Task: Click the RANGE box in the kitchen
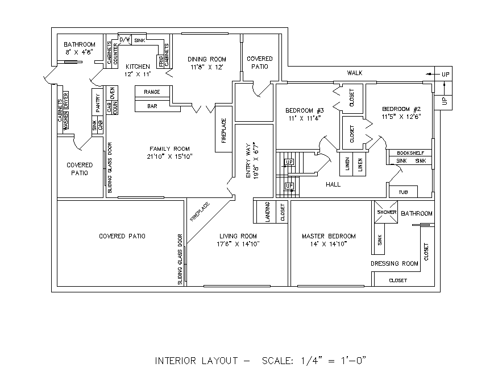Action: [152, 92]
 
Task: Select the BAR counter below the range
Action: [152, 106]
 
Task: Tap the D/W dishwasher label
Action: [125, 40]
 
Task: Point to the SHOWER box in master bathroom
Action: [386, 212]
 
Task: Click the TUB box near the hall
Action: [403, 192]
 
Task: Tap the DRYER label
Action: [66, 100]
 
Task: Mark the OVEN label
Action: [113, 93]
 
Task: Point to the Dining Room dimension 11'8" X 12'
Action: [208, 67]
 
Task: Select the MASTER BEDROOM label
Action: [329, 236]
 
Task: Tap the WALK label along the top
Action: [355, 73]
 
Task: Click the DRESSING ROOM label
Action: [394, 263]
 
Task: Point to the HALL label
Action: [333, 185]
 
